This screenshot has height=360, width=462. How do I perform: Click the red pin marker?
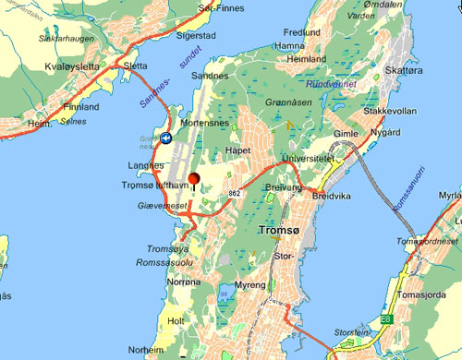[194, 179]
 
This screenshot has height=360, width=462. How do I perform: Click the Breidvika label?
[333, 196]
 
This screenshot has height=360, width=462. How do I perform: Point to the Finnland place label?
[79, 107]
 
